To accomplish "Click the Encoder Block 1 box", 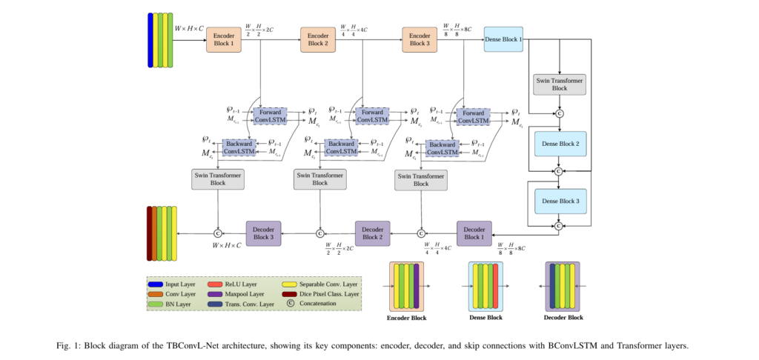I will click(223, 39).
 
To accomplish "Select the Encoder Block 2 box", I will click(318, 39).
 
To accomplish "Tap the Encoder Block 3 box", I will click(420, 39).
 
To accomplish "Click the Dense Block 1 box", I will click(503, 39).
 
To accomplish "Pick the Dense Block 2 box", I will click(560, 143).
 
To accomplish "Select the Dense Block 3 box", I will click(560, 201).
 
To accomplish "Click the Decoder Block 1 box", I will click(474, 233).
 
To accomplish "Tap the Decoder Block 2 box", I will click(372, 233).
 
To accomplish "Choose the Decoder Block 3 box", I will click(264, 233).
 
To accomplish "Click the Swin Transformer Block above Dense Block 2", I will click(560, 84).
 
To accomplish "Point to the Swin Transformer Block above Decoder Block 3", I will click(218, 179).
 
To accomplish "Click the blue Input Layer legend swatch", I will click(156, 284).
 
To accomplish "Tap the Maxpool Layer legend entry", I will click(241, 293).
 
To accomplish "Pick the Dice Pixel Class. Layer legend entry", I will click(322, 293).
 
